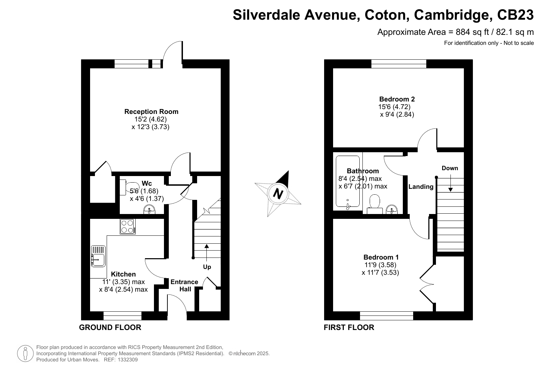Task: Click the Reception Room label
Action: [151, 111]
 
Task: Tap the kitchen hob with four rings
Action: [128, 226]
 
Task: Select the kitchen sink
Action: [98, 256]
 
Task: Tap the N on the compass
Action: [278, 193]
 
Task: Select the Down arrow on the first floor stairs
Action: [450, 183]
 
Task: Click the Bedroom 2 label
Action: [397, 99]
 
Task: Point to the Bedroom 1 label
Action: [381, 257]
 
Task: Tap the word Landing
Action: [421, 187]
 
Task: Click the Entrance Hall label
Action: [185, 285]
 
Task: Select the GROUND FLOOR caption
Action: [110, 327]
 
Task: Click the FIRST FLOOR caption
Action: [349, 327]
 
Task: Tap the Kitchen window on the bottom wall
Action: [123, 315]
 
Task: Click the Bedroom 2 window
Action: [399, 64]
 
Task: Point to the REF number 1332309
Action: [128, 360]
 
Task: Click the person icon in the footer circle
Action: [25, 353]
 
